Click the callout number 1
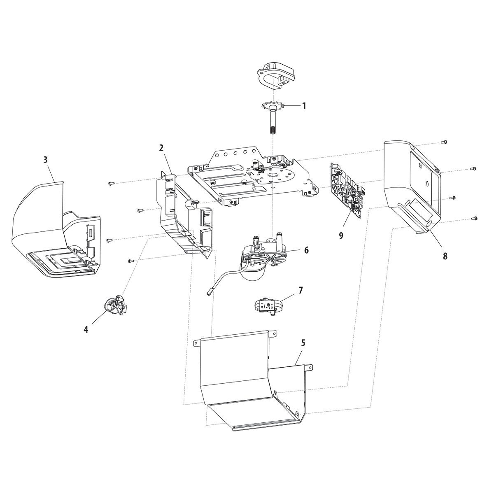coord(304,106)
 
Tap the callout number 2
coord(161,148)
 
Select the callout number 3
coord(45,160)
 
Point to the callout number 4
coord(86,329)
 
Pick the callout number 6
coord(306,250)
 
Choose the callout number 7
coord(301,291)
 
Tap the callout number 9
coord(341,235)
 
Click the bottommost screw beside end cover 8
coord(474,219)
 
